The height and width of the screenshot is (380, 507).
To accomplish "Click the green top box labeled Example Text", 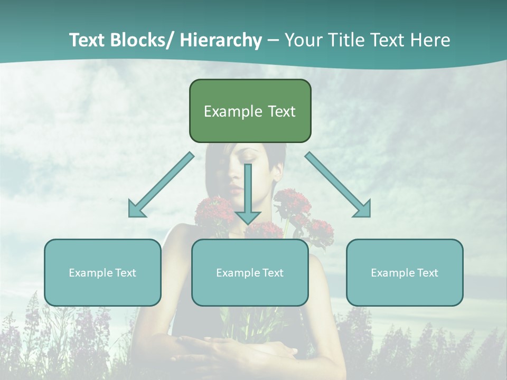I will (x=250, y=111).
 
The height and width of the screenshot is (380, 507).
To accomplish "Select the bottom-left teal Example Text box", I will (x=102, y=272).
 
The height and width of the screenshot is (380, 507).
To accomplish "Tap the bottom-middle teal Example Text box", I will (x=250, y=272).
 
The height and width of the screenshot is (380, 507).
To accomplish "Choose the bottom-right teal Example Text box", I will (x=405, y=272).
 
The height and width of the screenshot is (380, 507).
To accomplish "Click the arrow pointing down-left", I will (x=161, y=185).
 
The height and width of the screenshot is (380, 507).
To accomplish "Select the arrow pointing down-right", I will (x=338, y=185).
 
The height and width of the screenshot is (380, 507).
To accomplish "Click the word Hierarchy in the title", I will (x=221, y=40).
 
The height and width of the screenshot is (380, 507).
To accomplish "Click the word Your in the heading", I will (x=302, y=40).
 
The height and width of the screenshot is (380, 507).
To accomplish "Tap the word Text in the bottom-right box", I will (x=427, y=272).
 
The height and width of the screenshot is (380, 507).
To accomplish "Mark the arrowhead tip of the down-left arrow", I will (x=130, y=216).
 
